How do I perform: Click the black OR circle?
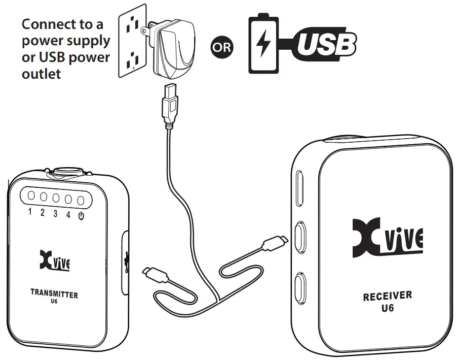[221, 47]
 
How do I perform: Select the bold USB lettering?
[326, 45]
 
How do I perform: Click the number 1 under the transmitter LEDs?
[30, 212]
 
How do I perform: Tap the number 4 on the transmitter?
[68, 213]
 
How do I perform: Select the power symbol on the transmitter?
[81, 214]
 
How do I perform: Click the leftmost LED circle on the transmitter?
[30, 196]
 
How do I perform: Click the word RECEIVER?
[388, 296]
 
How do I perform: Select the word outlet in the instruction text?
[42, 74]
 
